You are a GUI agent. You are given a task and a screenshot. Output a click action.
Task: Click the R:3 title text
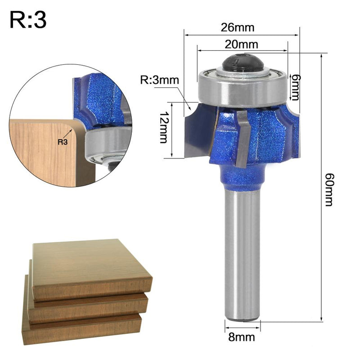click(x=27, y=20)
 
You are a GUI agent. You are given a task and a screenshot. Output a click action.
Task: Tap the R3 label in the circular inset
click(x=64, y=143)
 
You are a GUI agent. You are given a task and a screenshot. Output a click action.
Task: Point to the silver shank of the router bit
click(x=242, y=252)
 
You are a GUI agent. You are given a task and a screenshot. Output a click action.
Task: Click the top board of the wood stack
click(x=90, y=265)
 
